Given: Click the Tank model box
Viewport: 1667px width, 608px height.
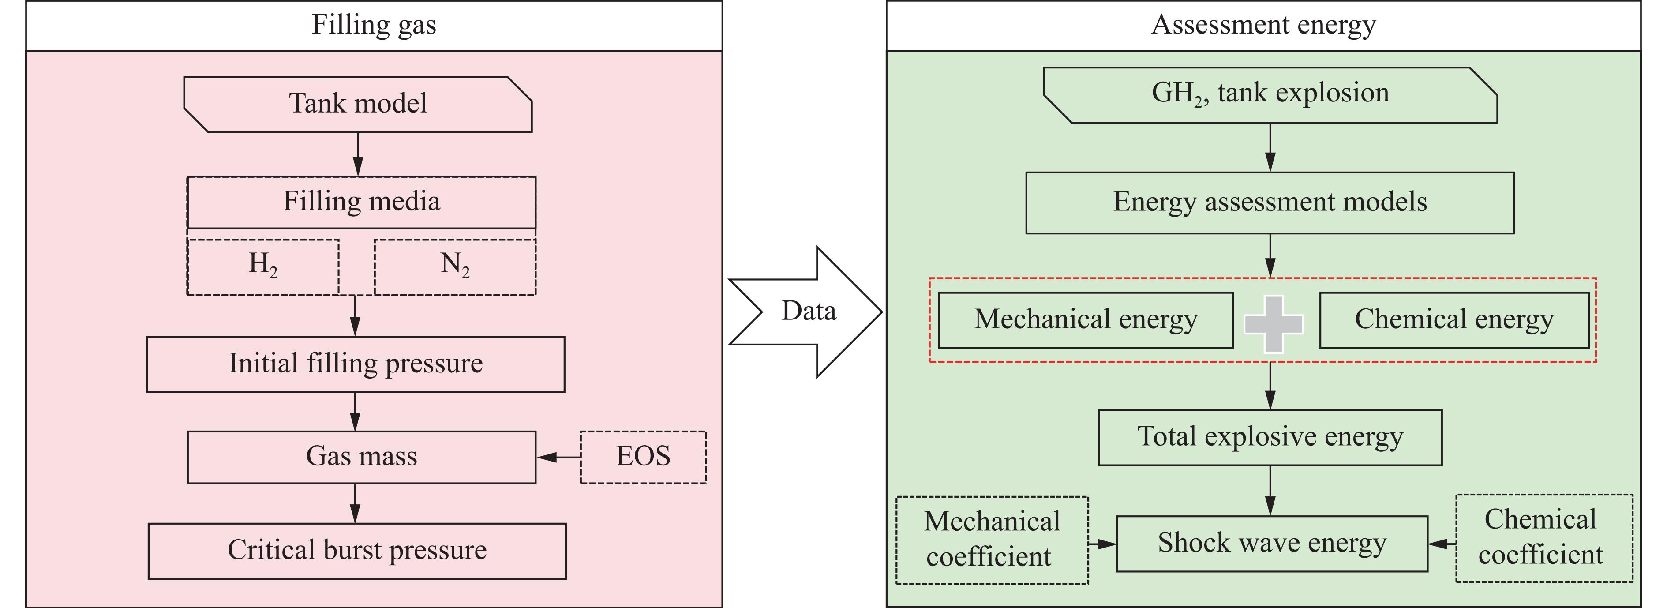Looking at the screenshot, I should pyautogui.click(x=358, y=104).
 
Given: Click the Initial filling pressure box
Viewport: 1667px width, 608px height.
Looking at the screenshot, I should pyautogui.click(x=355, y=364).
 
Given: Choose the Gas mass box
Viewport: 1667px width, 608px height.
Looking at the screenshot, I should pyautogui.click(x=361, y=457).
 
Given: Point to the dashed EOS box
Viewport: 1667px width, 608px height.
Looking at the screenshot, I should pyautogui.click(x=643, y=457).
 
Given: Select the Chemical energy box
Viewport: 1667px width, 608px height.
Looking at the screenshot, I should pyautogui.click(x=1453, y=320).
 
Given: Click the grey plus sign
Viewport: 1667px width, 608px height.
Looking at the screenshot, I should pyautogui.click(x=1274, y=324).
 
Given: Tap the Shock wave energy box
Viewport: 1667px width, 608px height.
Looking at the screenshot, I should pyautogui.click(x=1272, y=543).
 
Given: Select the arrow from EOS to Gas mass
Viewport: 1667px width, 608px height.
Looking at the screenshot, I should pyautogui.click(x=558, y=457).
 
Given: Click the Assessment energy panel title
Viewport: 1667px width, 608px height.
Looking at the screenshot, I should pyautogui.click(x=1263, y=25).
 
